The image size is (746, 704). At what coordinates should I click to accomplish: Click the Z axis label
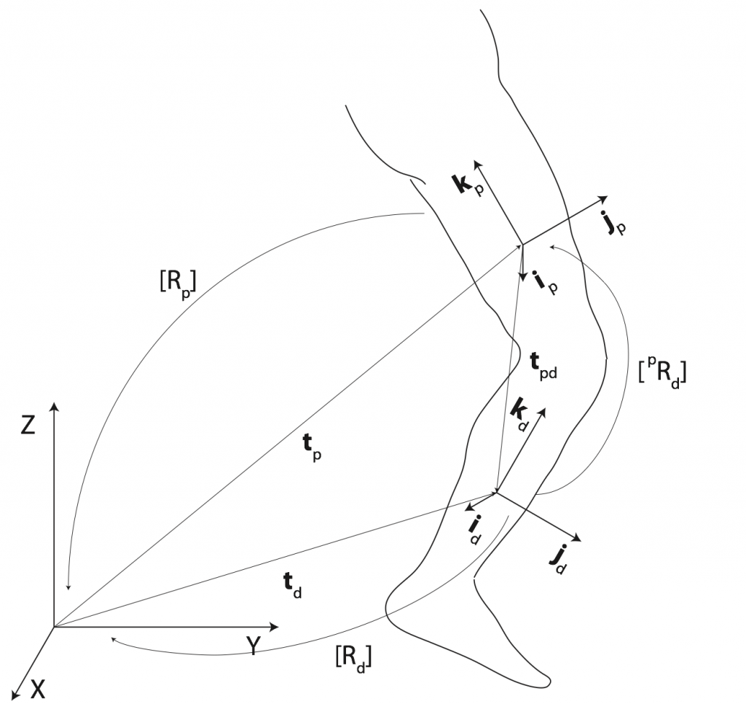[28, 425]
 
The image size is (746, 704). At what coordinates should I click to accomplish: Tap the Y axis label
[254, 646]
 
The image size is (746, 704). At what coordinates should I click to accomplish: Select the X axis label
[38, 688]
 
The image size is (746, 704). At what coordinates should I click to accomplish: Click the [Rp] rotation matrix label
[178, 283]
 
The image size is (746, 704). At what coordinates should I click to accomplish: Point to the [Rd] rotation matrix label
[353, 658]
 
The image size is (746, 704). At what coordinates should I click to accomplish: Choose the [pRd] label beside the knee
[662, 372]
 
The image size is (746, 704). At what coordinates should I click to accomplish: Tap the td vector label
[292, 585]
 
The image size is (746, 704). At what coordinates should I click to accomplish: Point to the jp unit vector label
[613, 222]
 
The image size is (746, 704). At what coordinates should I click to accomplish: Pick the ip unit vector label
[545, 282]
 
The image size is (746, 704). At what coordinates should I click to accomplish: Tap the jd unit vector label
[557, 559]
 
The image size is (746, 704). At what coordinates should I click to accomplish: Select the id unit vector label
[474, 530]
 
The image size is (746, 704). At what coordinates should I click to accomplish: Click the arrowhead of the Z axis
[54, 405]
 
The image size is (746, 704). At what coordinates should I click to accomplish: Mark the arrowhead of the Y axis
[275, 627]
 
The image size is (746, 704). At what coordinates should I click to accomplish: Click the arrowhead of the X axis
[15, 695]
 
